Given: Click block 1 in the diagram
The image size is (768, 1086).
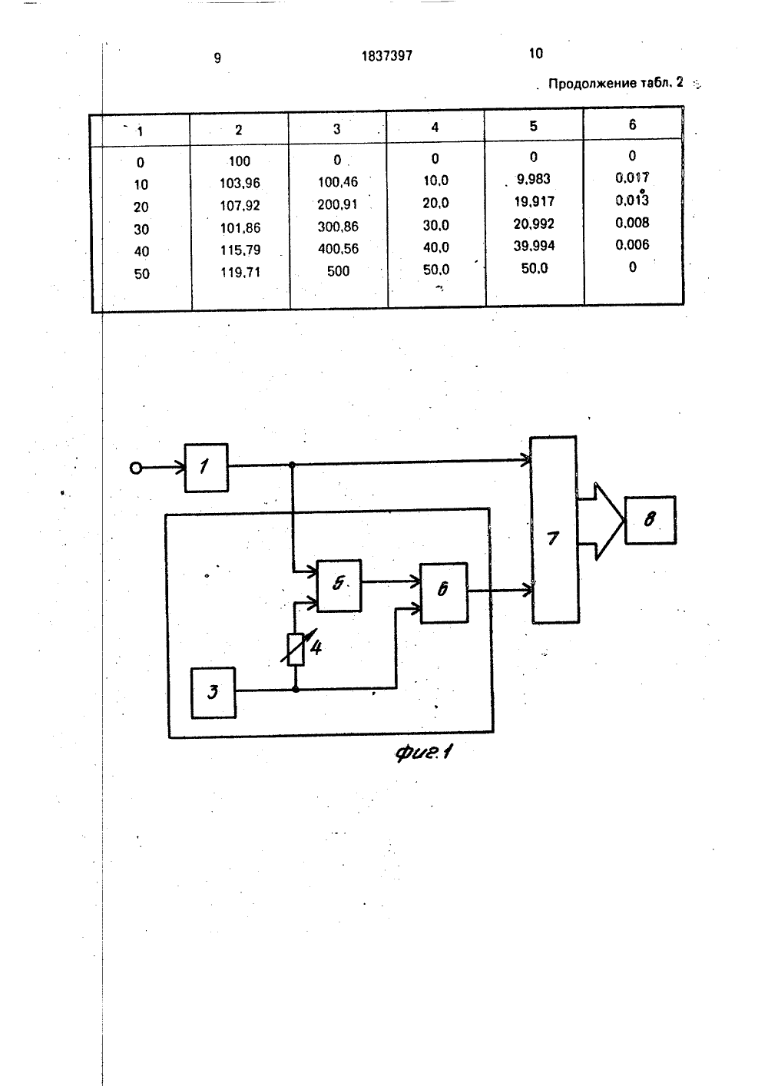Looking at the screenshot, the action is (206, 468).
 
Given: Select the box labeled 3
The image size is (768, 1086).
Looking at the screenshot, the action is (214, 692).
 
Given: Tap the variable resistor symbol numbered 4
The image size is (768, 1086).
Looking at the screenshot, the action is (296, 649).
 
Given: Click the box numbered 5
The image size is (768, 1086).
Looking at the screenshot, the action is (339, 585).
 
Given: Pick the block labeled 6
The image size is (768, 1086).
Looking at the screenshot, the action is (444, 592).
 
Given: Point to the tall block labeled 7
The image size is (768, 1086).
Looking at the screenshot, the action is (554, 529).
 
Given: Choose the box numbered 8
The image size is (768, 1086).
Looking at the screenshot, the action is (650, 520).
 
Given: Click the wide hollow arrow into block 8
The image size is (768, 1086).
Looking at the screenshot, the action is (601, 521).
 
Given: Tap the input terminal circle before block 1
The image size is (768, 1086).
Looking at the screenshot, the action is (136, 469).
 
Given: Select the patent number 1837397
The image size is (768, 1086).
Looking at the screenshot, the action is (387, 56).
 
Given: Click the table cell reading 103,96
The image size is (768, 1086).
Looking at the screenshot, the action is (240, 184).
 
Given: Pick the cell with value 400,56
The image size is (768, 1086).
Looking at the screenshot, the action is (338, 249).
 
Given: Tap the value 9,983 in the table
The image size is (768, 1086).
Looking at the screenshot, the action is (533, 179).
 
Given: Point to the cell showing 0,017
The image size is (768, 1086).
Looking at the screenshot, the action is (632, 177).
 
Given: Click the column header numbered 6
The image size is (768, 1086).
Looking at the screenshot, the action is (632, 124).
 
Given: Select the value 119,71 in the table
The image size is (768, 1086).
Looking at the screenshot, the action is (240, 273).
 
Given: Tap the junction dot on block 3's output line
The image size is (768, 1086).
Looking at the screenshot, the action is (295, 689).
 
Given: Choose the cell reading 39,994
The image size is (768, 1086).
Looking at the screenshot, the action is (534, 246).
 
